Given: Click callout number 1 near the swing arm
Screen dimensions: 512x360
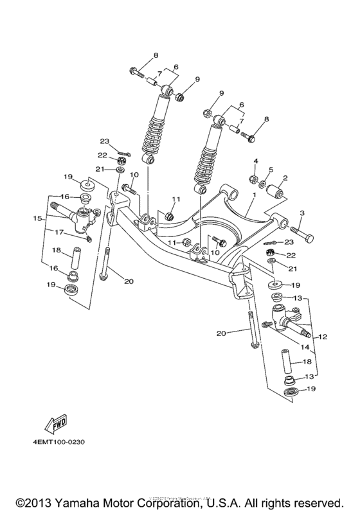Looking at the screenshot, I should pyautogui.click(x=255, y=193).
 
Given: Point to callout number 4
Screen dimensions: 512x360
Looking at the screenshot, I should pyautogui.click(x=255, y=160).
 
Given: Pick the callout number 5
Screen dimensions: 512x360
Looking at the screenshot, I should pyautogui.click(x=270, y=170).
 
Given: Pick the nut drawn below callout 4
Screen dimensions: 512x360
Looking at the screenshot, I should pyautogui.click(x=253, y=178).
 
